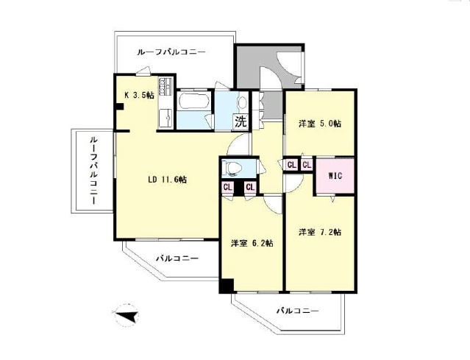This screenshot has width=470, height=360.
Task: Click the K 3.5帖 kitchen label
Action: pos(138,95)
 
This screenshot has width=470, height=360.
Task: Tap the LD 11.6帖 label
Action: pos(167,179)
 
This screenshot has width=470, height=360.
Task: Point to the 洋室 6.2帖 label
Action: pos(252,243)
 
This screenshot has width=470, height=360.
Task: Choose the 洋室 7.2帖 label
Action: pos(318,233)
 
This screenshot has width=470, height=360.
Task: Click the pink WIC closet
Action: pos(335,176)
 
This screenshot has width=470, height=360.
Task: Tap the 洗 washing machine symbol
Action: pos(241,121)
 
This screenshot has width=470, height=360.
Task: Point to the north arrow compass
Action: pos(127,317)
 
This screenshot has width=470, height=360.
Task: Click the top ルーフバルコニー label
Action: pos(171,52)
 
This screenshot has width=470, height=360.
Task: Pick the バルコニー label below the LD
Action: pos(177,258)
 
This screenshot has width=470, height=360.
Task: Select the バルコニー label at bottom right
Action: pos(298,311)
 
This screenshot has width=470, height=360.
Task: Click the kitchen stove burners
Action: pos(166,83)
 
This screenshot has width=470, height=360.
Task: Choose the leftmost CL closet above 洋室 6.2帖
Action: pos(228,187)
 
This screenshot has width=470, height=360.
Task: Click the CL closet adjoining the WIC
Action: pos(307,165)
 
